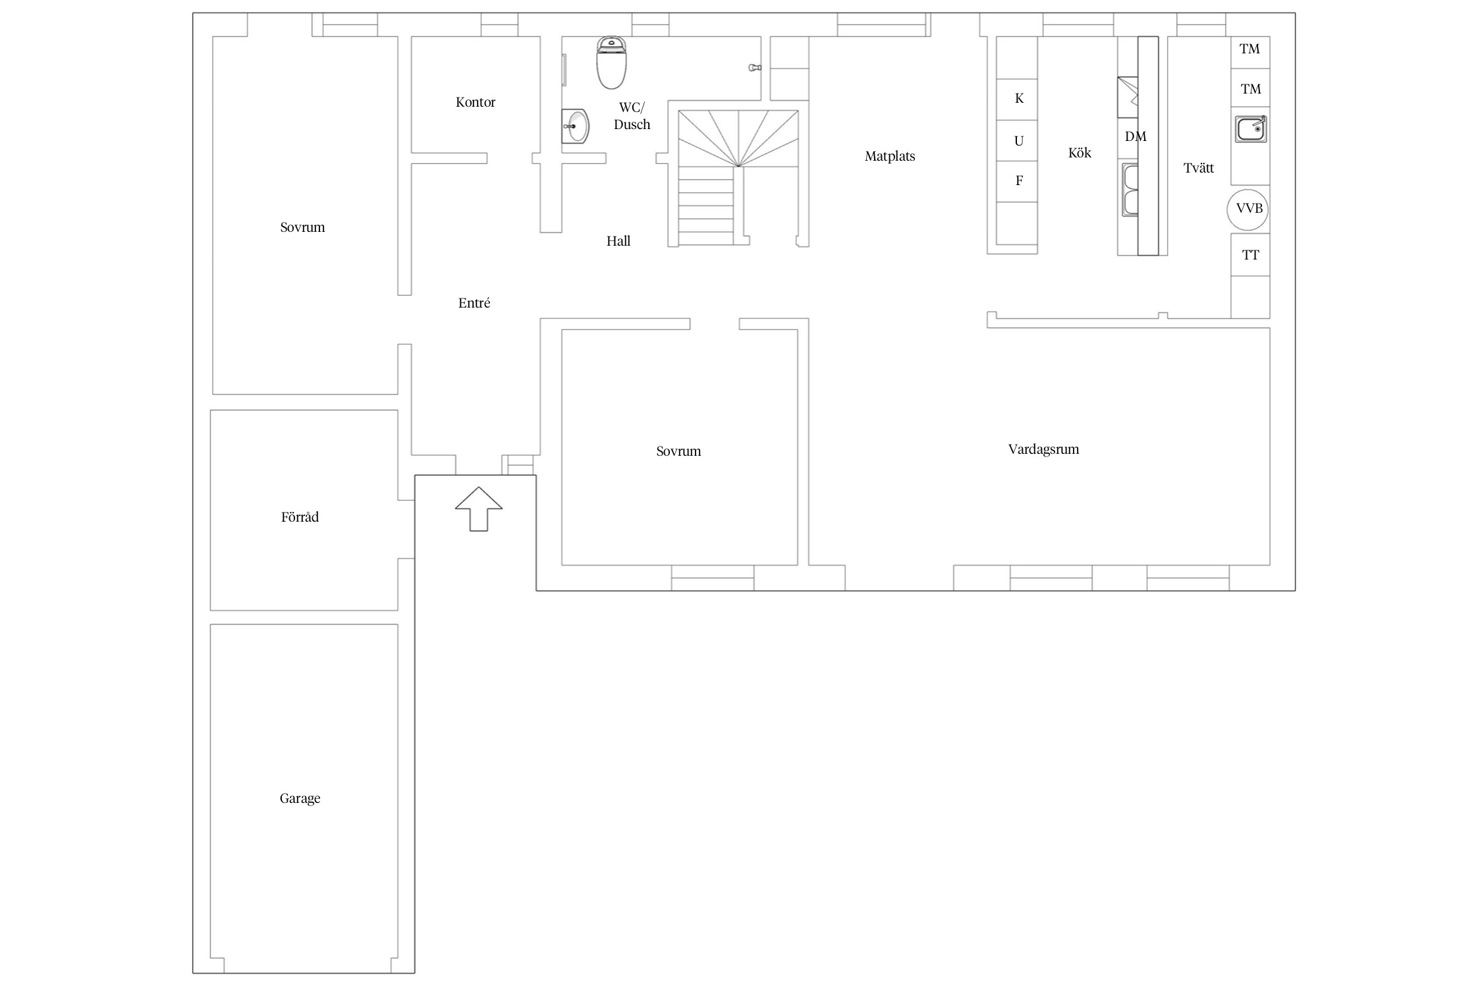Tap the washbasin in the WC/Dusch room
[575, 126]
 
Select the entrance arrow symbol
[479, 508]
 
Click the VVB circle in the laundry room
[1248, 209]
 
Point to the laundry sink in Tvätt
[1251, 128]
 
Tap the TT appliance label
[1250, 255]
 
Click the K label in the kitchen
[1019, 98]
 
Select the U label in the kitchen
[1019, 140]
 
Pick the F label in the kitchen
[1019, 180]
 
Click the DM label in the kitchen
[1136, 136]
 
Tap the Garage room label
[300, 799]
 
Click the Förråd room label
[300, 517]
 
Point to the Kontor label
[475, 102]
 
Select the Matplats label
[890, 156]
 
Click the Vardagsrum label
[1043, 450]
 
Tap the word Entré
[474, 303]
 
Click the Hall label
[618, 241]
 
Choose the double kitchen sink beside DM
[1130, 190]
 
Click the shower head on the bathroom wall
[755, 68]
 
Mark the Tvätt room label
[1199, 168]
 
